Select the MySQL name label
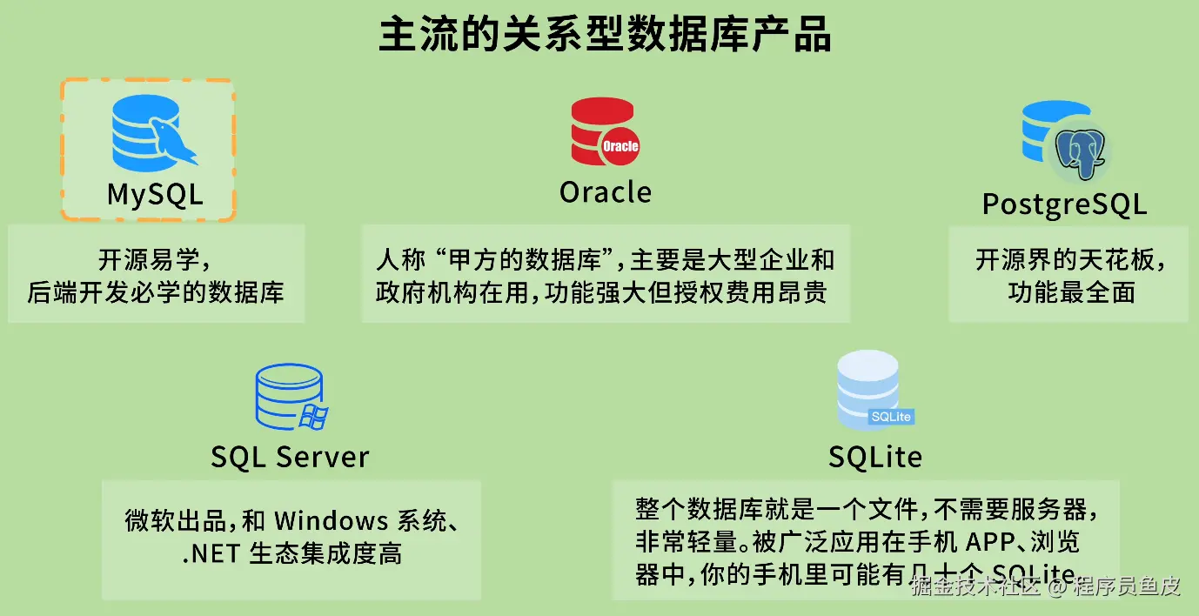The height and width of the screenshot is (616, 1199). (155, 193)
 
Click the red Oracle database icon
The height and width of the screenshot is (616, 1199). (603, 131)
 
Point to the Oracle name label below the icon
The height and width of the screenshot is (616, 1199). (605, 191)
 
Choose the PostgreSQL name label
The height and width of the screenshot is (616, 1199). (1064, 204)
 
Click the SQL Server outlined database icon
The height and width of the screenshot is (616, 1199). (290, 398)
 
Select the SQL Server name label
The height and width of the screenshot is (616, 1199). (290, 457)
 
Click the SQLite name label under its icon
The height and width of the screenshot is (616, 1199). (874, 457)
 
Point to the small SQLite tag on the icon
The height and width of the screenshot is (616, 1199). (891, 417)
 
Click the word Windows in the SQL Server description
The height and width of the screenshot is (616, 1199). (332, 521)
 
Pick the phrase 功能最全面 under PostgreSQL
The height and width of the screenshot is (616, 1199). (1071, 292)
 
